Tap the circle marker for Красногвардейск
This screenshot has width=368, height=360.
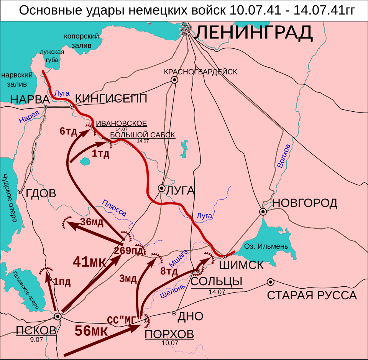pyautogui.click(x=175, y=80)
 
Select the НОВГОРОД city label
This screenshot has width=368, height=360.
pyautogui.click(x=305, y=203)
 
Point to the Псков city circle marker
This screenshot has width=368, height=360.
pyautogui.click(x=58, y=316)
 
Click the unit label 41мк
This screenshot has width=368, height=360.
pyautogui.click(x=89, y=262)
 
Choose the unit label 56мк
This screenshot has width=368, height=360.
pyautogui.click(x=91, y=330)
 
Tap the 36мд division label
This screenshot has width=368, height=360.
pyautogui.click(x=92, y=222)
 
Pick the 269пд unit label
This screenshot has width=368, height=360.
pyautogui.click(x=130, y=251)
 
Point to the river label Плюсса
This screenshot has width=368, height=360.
pyautogui.click(x=114, y=208)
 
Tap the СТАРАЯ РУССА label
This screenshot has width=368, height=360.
pyautogui.click(x=312, y=296)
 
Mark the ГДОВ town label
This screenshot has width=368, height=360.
pyautogui.click(x=41, y=193)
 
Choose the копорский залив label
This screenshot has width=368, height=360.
pyautogui.click(x=82, y=41)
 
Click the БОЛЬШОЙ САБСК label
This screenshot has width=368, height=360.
pyautogui.click(x=143, y=135)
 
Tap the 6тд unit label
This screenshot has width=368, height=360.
pyautogui.click(x=68, y=132)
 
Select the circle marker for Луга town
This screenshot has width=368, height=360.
pyautogui.click(x=162, y=188)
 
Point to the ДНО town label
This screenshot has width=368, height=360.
pyautogui.click(x=191, y=316)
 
